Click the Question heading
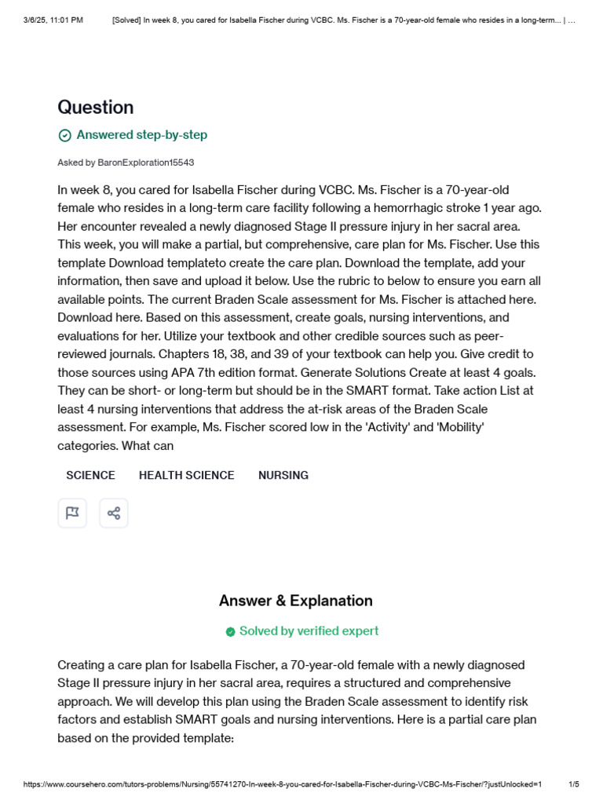(x=95, y=108)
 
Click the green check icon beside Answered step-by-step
(x=65, y=135)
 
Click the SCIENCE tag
(x=90, y=475)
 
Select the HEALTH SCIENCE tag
(x=186, y=475)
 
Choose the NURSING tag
(x=283, y=475)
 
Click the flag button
(x=72, y=513)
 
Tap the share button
(x=114, y=513)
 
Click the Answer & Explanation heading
(x=296, y=601)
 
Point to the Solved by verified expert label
(x=309, y=631)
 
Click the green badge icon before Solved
(x=230, y=632)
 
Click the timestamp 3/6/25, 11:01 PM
(x=53, y=20)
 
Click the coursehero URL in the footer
(x=283, y=784)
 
